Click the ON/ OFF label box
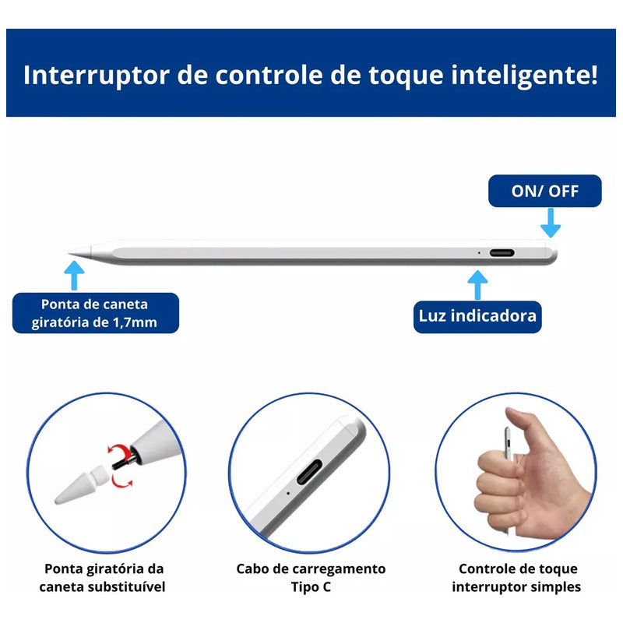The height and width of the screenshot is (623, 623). coord(544,191)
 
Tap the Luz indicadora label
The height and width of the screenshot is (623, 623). coord(477,316)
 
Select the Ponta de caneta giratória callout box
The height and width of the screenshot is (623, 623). coord(95,313)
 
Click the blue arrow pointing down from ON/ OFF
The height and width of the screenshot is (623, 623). coord(551,223)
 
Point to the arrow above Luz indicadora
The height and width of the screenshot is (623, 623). coord(477,285)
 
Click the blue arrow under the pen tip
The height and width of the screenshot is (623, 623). coord(74,276)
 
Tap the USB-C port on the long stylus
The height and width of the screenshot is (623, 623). coord(502,252)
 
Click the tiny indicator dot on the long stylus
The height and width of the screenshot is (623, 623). coord(479,252)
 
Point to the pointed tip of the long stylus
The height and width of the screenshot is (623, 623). coord(69,252)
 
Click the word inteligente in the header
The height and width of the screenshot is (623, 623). coord(524,75)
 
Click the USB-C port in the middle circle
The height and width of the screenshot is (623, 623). coord(309,472)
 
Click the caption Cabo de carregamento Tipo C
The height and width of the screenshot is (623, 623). coord(311,578)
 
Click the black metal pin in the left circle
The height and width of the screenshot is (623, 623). coord(125,462)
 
